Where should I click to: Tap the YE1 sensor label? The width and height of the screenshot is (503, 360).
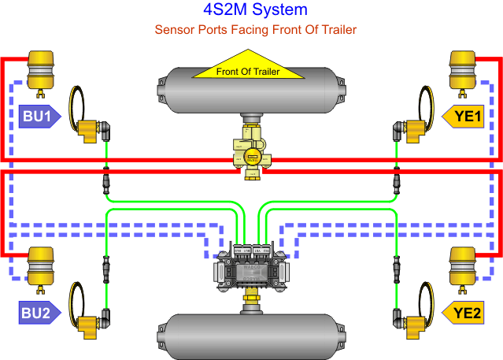tap(465, 117)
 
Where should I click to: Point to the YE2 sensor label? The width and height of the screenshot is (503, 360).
tap(466, 314)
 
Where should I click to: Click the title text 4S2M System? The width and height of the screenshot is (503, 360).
tap(250, 10)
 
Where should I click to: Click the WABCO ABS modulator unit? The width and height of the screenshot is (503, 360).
tap(251, 268)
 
